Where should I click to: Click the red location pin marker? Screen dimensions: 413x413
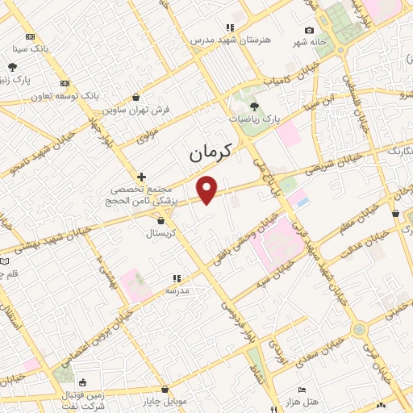tap(208, 189)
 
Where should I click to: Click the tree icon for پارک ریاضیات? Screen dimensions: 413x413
tap(254, 106)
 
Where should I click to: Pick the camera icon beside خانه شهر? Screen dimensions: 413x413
tap(309, 31)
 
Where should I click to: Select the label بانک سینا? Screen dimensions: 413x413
tap(31, 48)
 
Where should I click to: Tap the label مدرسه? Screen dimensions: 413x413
tap(177, 289)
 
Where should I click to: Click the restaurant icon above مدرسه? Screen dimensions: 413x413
tap(177, 278)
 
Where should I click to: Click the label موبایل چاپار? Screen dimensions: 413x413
tap(165, 400)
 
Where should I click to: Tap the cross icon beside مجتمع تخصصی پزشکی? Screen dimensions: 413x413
tap(141, 177)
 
